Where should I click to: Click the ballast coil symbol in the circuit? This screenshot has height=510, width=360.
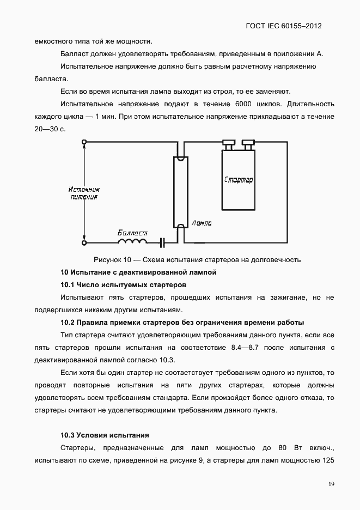[133, 241]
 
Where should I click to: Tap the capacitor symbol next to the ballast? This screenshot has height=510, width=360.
[162, 241]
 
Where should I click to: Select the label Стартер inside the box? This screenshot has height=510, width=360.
[239, 179]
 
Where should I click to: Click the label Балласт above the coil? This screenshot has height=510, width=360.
[132, 233]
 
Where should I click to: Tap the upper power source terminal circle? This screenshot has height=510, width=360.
[84, 143]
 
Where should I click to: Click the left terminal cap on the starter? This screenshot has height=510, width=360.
[228, 143]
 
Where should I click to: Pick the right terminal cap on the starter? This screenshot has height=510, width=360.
[248, 143]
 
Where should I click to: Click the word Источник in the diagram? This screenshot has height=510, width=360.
[84, 189]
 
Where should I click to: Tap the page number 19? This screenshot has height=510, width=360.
[331, 484]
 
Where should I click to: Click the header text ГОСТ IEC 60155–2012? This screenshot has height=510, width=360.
[288, 26]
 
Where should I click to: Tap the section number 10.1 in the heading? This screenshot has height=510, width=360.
[67, 284]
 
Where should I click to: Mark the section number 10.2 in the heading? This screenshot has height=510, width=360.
[67, 322]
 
